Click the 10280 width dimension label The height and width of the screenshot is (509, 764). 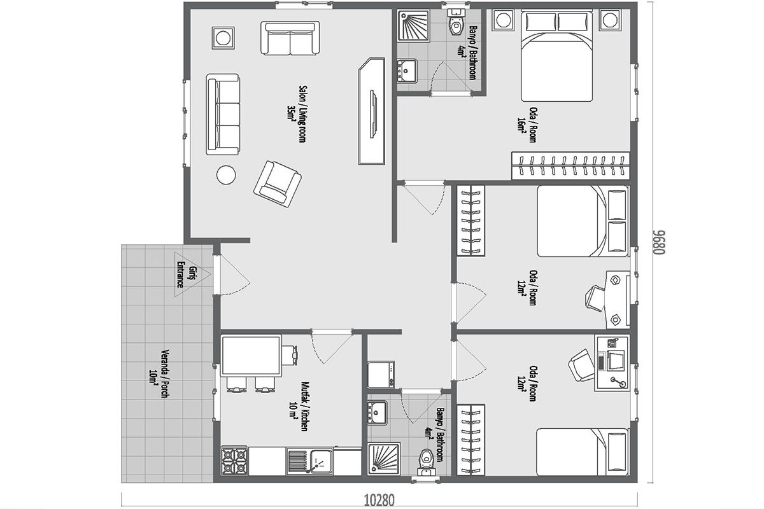(x=379, y=501)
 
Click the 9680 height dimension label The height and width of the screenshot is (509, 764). (x=660, y=242)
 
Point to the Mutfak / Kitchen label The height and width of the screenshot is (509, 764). (x=299, y=406)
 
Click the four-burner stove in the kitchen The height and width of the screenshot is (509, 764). (x=234, y=460)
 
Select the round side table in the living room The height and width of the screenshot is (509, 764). (x=226, y=175)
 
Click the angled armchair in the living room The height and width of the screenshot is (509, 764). (x=278, y=184)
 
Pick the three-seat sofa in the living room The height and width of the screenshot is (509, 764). (x=223, y=115)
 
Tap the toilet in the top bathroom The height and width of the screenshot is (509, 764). (x=456, y=22)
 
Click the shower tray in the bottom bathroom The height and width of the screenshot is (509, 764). (x=384, y=459)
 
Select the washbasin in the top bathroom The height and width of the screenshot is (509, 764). (x=407, y=71)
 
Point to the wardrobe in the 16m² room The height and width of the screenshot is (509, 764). (x=570, y=165)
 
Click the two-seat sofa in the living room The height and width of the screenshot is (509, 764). (x=290, y=38)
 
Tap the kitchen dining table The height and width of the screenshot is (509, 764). (x=251, y=356)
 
